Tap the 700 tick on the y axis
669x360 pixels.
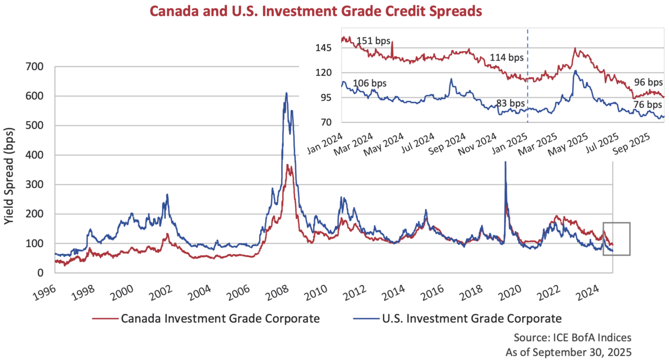click(x=41, y=67)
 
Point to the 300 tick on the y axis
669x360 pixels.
click(x=41, y=184)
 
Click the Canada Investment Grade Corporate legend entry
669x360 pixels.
click(x=206, y=318)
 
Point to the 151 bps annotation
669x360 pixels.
click(x=374, y=41)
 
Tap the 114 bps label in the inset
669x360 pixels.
click(x=506, y=57)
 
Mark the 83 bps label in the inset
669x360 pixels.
click(x=510, y=103)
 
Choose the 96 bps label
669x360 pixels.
click(x=648, y=82)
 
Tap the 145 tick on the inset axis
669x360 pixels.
click(x=325, y=48)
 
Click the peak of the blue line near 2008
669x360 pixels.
click(x=286, y=93)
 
